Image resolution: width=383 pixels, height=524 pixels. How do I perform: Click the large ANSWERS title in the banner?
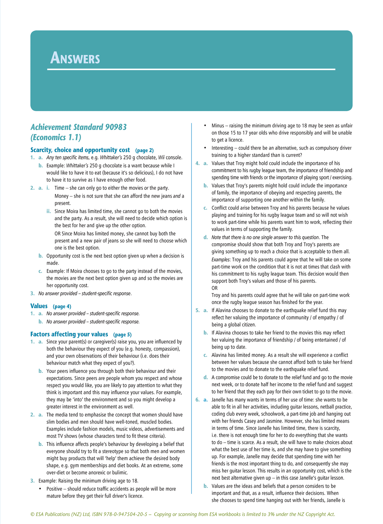pyautogui.click(x=75, y=58)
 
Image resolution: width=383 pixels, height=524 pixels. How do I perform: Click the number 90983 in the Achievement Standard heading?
pyautogui.click(x=116, y=127)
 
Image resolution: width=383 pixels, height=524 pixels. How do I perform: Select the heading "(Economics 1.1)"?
pyautogui.click(x=56, y=138)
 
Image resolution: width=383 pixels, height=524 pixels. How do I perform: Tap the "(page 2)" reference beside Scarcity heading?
pyautogui.click(x=144, y=151)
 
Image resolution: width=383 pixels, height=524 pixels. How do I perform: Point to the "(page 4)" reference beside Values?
pyautogui.click(x=62, y=307)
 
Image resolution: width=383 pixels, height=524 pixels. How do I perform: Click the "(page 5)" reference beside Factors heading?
pyautogui.click(x=122, y=335)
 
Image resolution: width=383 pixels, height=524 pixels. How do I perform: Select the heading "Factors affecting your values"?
pyautogui.click(x=69, y=334)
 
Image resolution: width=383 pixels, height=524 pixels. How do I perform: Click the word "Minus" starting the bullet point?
pyautogui.click(x=218, y=126)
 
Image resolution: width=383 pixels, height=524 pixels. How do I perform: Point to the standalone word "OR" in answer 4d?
pyautogui.click(x=214, y=288)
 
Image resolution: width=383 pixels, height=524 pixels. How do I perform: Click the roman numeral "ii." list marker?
pyautogui.click(x=49, y=212)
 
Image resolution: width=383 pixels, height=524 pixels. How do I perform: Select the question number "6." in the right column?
pyautogui.click(x=197, y=400)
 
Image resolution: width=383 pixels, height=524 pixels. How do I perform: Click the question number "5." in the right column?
pyautogui.click(x=197, y=311)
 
